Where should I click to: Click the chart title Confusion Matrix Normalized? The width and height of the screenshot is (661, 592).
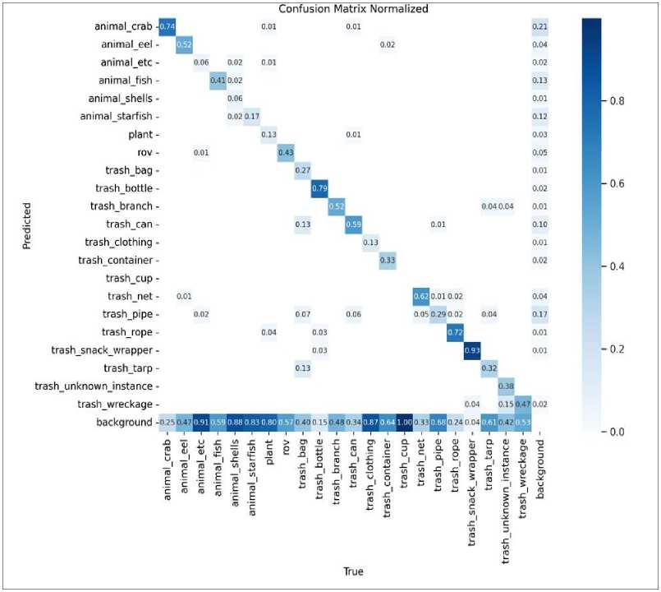click(352, 9)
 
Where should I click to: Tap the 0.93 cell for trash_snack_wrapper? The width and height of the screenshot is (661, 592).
click(472, 349)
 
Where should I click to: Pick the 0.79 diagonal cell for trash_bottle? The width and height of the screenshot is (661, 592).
click(319, 188)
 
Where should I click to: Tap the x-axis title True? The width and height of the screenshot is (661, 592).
click(352, 571)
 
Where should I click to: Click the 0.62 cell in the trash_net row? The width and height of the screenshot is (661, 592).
click(421, 295)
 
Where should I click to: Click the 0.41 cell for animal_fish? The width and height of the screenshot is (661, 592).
click(217, 81)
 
